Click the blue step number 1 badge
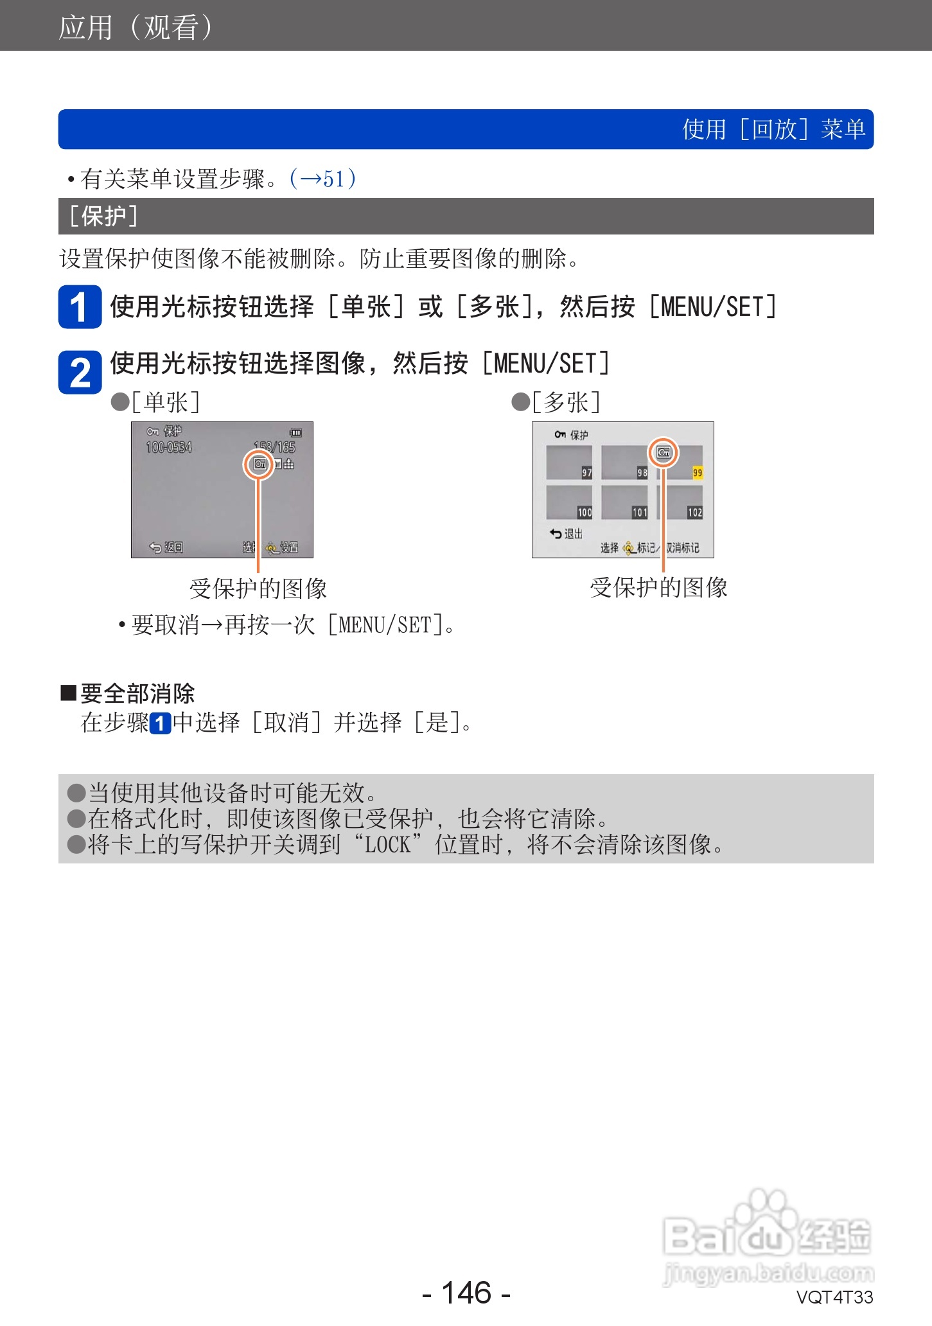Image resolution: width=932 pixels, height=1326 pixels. point(80,307)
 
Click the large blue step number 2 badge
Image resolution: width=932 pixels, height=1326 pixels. point(80,372)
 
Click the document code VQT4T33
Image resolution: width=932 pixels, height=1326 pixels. point(834,1297)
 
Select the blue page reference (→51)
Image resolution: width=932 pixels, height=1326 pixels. point(322,179)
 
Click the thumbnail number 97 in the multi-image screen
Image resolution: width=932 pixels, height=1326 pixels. point(586,473)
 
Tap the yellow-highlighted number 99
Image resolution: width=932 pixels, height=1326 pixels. point(697,473)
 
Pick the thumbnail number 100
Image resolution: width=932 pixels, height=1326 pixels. point(585,513)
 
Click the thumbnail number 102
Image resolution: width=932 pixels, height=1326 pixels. point(695,513)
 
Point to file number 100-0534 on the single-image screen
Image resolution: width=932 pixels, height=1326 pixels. point(169,447)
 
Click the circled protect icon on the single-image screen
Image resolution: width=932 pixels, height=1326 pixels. point(259,464)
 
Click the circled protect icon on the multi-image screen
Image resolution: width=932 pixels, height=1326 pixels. point(663,453)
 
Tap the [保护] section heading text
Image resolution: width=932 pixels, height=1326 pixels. point(103,217)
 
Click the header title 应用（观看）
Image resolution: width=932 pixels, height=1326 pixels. point(136,27)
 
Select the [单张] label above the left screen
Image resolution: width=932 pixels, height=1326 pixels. point(166,403)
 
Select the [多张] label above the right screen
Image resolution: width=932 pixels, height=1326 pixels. point(566,403)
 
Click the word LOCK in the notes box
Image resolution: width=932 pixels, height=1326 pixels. point(387,844)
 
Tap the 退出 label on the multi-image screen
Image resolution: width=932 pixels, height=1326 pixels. point(573,534)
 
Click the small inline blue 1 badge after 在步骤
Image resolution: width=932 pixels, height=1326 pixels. point(161,724)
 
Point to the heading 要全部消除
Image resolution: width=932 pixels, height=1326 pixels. point(137,694)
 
